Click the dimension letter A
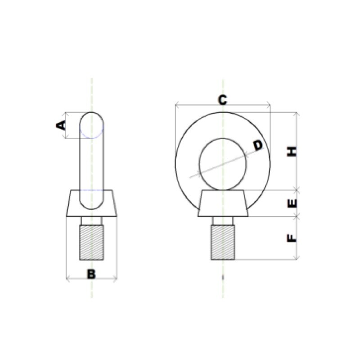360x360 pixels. click(60, 125)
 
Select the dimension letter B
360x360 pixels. click(91, 273)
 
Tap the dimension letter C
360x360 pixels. click(222, 100)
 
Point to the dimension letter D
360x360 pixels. click(257, 145)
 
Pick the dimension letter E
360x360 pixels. click(292, 203)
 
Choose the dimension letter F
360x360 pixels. click(292, 237)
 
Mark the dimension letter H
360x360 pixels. click(292, 151)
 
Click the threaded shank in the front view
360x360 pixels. click(223, 243)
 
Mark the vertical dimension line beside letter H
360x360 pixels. click(297, 135)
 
